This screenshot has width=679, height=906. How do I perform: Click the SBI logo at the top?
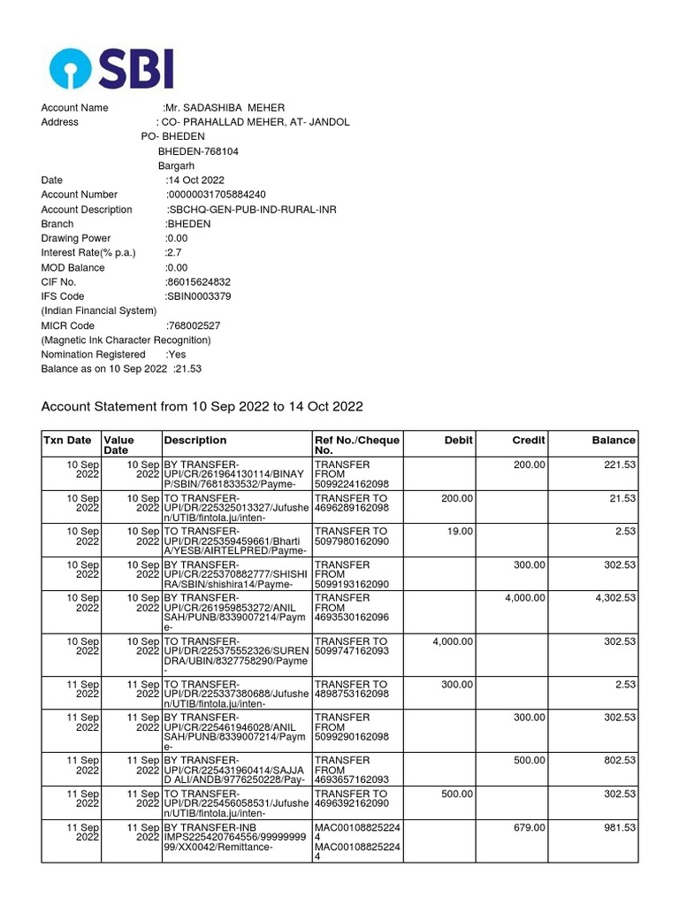[x=111, y=68]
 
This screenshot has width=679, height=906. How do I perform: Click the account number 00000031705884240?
[x=217, y=195]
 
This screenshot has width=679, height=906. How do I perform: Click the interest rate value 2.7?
[x=173, y=253]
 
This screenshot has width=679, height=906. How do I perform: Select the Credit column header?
[x=529, y=440]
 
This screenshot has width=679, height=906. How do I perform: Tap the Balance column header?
[x=614, y=440]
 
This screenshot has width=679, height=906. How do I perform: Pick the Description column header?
[x=195, y=440]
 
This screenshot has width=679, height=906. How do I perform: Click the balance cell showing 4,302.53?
[x=615, y=598]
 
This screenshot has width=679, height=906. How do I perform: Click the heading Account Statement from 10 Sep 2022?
[x=202, y=407]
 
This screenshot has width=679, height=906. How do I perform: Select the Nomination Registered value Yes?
[x=176, y=354]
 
